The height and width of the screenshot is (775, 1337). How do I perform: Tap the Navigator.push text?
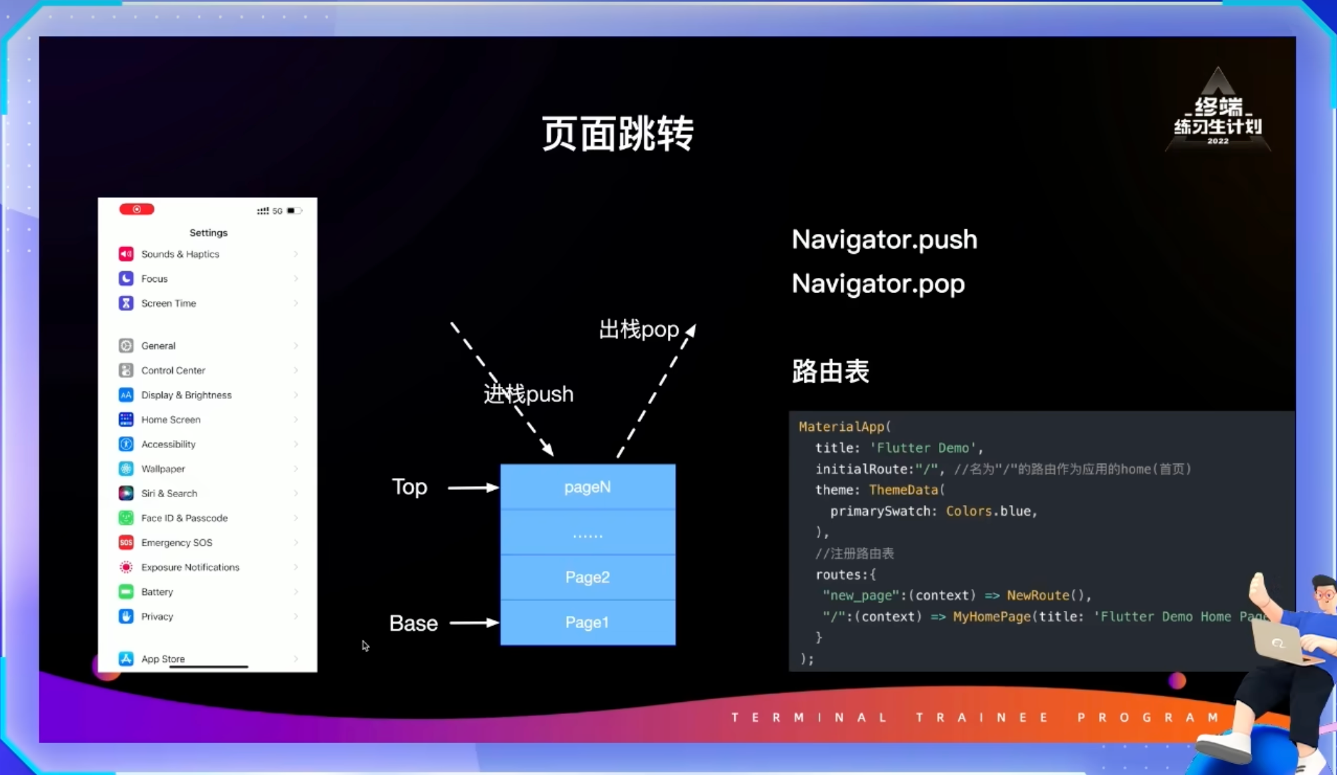point(884,240)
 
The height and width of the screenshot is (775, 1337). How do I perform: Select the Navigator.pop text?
point(878,284)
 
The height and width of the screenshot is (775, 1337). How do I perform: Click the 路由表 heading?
point(830,372)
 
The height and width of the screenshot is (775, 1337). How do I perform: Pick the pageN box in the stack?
point(587,487)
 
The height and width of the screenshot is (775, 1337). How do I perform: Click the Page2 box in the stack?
point(587,577)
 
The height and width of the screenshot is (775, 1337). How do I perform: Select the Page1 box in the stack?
point(587,623)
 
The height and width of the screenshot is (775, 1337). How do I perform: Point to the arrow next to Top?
point(472,488)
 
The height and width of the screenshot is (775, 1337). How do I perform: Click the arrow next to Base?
point(474,623)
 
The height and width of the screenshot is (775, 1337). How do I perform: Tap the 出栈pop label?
point(639,330)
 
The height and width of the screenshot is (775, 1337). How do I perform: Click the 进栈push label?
point(528,394)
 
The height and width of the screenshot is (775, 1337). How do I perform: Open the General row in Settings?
point(158,346)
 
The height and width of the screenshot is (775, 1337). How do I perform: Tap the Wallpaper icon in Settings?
point(126,469)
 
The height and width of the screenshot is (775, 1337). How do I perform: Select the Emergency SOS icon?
point(126,542)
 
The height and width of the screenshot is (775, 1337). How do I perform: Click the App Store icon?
point(126,659)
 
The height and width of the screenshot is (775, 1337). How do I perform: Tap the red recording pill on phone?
point(137,209)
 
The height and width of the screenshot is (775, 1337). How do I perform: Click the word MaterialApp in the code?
point(842,427)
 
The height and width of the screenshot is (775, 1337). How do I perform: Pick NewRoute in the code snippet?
point(1037,596)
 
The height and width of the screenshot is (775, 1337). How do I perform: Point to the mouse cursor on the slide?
point(365,645)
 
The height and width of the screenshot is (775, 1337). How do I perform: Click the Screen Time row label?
point(169,303)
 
